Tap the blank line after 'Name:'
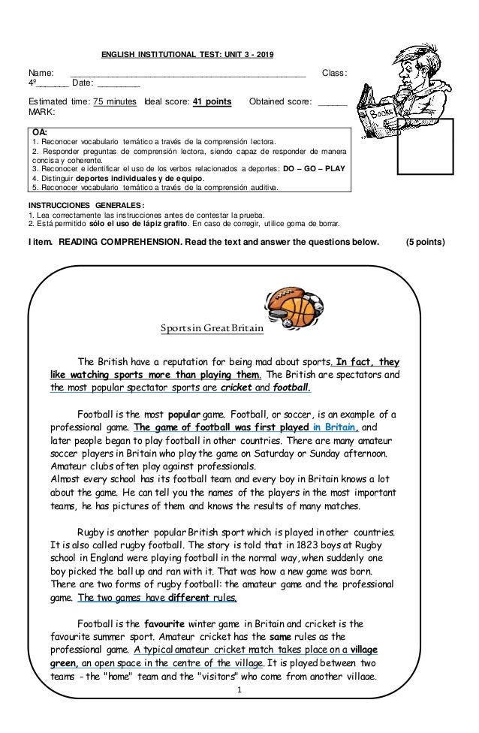[188, 73]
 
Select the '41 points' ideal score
[212, 101]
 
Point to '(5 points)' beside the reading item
[424, 243]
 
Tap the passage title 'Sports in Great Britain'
[202, 329]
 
